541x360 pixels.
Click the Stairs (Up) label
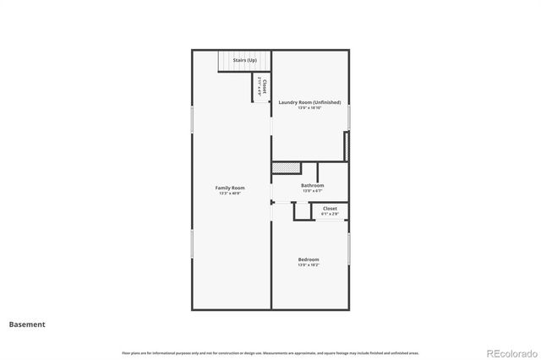coord(245,60)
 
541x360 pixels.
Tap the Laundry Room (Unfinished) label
coord(309,102)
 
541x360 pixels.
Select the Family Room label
coord(229,188)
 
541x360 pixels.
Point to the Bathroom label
coord(312,185)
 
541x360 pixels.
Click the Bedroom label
coord(308,259)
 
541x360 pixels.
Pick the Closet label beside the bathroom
coord(330,208)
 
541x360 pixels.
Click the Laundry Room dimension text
coord(309,108)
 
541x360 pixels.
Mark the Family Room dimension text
coord(229,194)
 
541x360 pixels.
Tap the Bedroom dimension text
coord(308,265)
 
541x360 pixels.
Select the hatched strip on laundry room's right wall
coord(347,145)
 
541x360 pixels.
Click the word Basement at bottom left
coord(27,324)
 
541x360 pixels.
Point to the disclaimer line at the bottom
coord(270,352)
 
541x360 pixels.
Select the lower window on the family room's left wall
coord(192,244)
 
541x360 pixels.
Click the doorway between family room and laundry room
coord(271,127)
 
